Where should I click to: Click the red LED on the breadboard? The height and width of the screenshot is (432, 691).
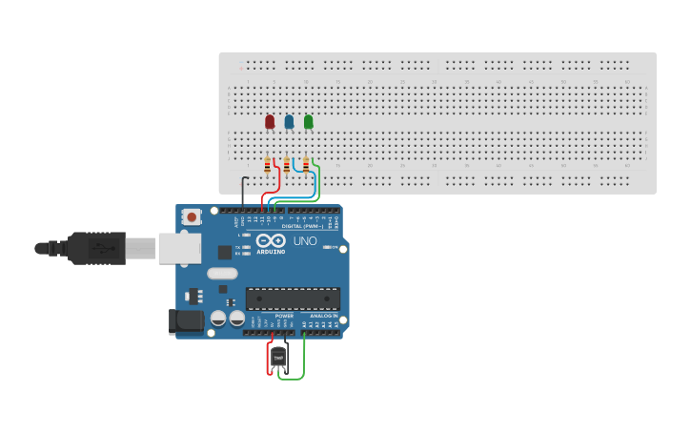click(270, 121)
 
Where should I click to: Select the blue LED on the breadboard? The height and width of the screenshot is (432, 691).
click(289, 121)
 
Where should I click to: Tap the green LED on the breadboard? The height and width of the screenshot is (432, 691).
click(308, 121)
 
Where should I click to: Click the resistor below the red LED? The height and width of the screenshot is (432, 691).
click(268, 164)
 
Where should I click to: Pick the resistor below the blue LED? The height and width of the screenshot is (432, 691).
click(287, 164)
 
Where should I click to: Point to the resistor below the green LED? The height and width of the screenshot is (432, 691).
click(306, 164)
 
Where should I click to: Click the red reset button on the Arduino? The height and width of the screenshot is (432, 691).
click(193, 217)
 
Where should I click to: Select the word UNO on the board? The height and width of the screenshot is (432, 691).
click(304, 241)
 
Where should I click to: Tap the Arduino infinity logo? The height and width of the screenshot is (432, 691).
click(270, 241)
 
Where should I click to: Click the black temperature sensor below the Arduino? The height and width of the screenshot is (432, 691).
click(278, 356)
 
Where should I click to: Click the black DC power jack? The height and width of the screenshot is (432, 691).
click(187, 321)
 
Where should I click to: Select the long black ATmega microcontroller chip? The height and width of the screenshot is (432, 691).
click(293, 298)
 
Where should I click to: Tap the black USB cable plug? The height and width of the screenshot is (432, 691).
click(95, 248)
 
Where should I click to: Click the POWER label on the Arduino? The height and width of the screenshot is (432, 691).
click(284, 316)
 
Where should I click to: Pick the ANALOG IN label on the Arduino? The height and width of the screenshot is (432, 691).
click(323, 316)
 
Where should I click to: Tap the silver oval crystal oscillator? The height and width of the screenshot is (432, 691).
click(220, 274)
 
